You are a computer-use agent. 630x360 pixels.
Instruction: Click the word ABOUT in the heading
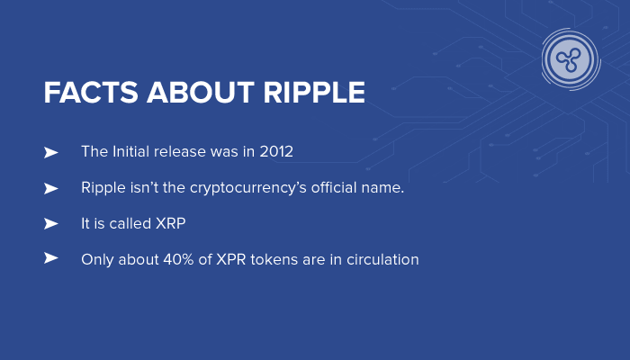(x=193, y=93)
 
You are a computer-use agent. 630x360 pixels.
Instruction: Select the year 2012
(x=276, y=152)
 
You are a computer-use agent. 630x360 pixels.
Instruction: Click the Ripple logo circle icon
(x=571, y=59)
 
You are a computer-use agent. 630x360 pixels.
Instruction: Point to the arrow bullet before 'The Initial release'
(x=50, y=152)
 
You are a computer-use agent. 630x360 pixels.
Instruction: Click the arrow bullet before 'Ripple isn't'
(x=50, y=188)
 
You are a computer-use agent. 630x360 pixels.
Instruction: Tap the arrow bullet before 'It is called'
(x=50, y=223)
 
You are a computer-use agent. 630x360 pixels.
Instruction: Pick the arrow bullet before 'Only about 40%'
(x=50, y=258)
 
